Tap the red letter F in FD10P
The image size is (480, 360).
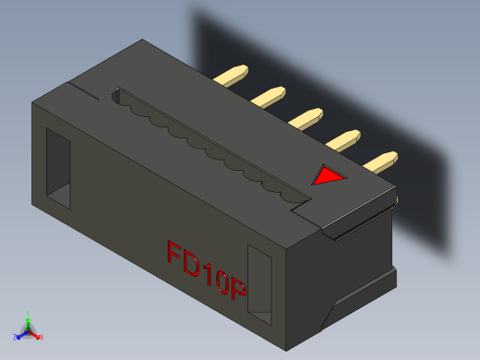pyautogui.click(x=174, y=254)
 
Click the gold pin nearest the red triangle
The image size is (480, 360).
pyautogui.click(x=380, y=162)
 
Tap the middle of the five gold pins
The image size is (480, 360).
pyautogui.click(x=306, y=117)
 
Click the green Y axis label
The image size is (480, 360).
pyautogui.click(x=29, y=314)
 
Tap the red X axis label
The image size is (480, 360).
pyautogui.click(x=42, y=337)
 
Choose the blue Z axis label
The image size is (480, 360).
pyautogui.click(x=16, y=338)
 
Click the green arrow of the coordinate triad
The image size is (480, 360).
pyautogui.click(x=29, y=322)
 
